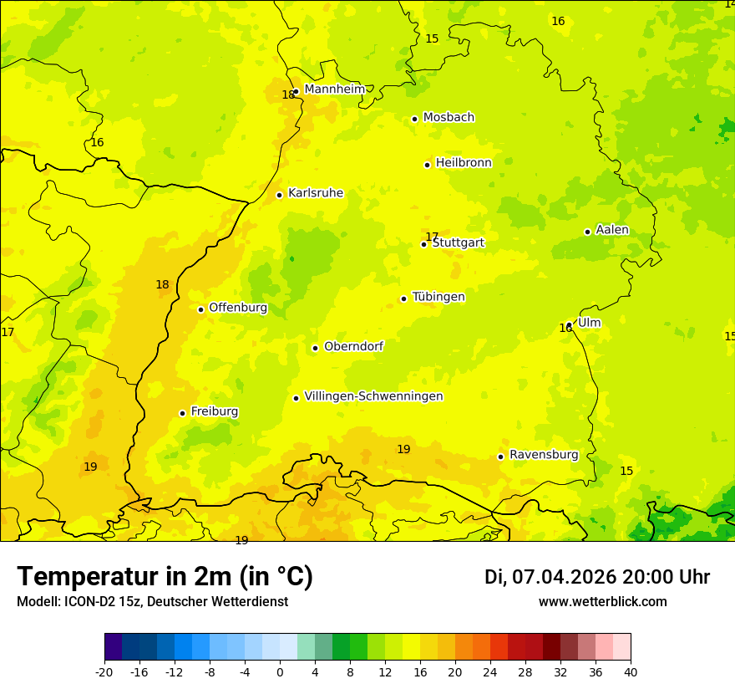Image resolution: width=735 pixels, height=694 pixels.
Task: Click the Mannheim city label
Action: (335, 89)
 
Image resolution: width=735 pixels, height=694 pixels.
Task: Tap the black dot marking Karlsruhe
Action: (280, 195)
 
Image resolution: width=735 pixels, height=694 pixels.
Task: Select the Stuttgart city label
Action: (459, 243)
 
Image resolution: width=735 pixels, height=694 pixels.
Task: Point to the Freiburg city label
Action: (215, 411)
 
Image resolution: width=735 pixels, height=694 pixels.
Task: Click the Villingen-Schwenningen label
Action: (373, 396)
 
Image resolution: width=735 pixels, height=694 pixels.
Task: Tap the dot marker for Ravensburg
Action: (501, 457)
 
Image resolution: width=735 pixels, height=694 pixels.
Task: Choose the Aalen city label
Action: (612, 230)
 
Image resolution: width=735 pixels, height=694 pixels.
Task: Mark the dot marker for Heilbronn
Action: (428, 165)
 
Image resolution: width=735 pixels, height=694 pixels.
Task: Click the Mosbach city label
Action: (449, 118)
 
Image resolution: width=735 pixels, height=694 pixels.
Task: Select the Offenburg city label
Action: (238, 308)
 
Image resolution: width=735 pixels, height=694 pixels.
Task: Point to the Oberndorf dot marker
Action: (316, 348)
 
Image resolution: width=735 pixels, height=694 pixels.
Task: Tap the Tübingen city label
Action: (438, 297)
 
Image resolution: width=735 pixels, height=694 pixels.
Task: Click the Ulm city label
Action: (589, 323)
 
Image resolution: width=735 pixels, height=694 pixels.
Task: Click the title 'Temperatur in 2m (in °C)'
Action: (165, 576)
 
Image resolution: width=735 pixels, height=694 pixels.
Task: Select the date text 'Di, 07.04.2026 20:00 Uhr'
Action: (597, 577)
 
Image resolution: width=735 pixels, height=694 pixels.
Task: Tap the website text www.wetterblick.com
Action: (603, 602)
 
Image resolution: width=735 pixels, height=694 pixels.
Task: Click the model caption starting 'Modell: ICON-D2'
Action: (152, 602)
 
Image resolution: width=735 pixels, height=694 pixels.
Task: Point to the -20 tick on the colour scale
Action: (104, 671)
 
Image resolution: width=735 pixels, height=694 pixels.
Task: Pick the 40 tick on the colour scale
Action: (631, 671)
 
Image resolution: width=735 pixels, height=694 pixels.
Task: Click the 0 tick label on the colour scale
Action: (280, 671)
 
